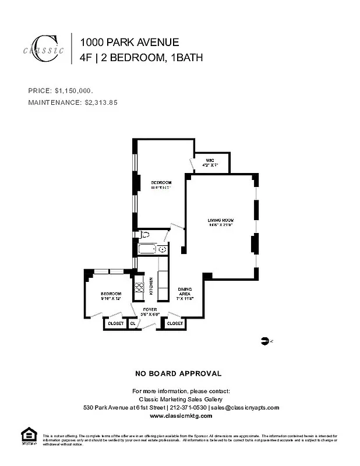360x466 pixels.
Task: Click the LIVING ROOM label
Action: pos(220,220)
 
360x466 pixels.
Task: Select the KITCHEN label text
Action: pos(150,285)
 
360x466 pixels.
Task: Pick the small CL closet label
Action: pos(133,323)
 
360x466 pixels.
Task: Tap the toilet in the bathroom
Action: pos(145,235)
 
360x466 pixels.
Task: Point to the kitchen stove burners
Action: pos(139,287)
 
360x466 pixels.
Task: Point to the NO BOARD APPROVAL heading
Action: pos(178,373)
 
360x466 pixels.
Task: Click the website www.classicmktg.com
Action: pos(181,416)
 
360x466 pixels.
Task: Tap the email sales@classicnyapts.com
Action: pos(245,408)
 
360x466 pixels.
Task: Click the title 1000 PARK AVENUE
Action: pos(129,42)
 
